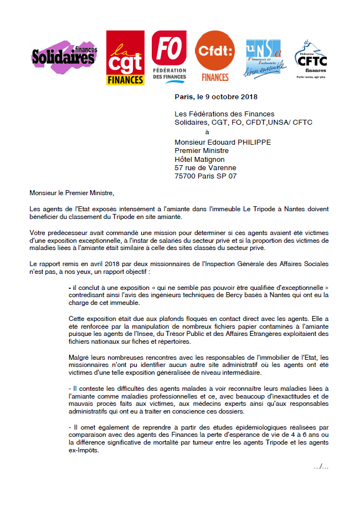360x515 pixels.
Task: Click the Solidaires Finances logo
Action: click(x=65, y=56)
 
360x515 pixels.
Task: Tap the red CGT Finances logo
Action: click(x=125, y=58)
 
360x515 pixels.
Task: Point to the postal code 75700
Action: click(x=186, y=176)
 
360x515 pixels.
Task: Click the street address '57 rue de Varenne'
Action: click(x=205, y=167)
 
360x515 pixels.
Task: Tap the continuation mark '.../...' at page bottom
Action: click(x=321, y=466)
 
